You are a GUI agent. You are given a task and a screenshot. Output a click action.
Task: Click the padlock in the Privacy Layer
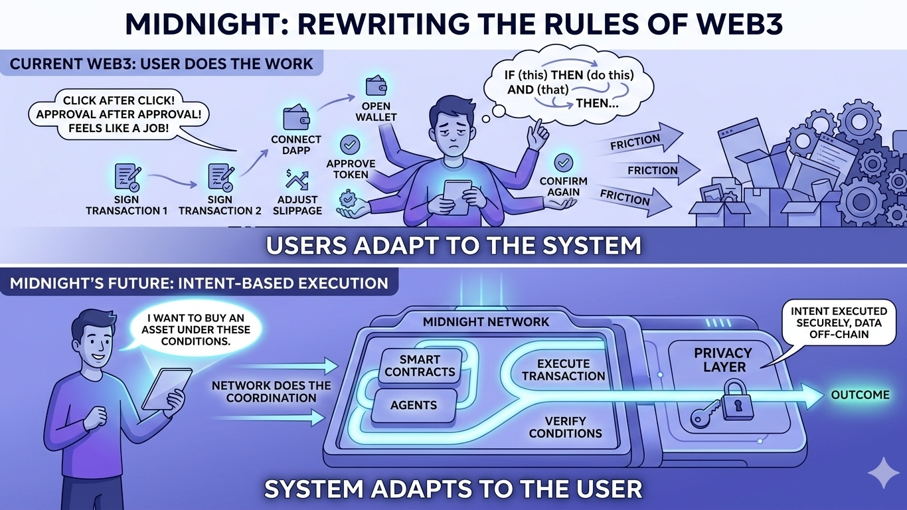click(732, 401)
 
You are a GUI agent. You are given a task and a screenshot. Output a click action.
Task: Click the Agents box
click(414, 404)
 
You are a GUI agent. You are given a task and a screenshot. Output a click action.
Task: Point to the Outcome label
click(860, 395)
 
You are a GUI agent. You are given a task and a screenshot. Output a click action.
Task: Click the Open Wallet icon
click(376, 86)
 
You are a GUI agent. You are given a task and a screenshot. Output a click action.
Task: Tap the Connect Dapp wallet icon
click(295, 118)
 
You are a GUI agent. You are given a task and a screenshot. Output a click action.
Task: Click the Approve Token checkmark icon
click(350, 144)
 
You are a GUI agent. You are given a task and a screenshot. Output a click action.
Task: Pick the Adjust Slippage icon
click(296, 180)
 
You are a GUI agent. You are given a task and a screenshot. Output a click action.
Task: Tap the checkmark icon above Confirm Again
click(563, 162)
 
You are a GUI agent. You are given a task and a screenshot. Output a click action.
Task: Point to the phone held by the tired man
click(457, 197)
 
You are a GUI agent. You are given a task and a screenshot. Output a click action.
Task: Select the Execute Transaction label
click(563, 370)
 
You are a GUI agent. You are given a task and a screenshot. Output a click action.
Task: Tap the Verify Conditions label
click(565, 427)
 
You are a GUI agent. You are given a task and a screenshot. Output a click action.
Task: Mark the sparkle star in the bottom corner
click(882, 472)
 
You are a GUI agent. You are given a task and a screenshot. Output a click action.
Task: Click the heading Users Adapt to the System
click(453, 246)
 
